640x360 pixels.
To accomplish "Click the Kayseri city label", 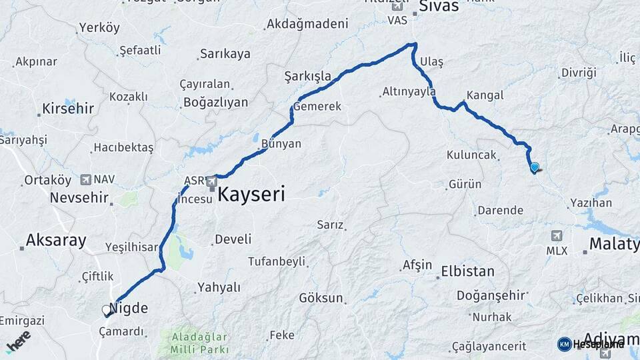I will [x=251, y=195].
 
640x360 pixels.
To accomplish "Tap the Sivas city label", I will [x=439, y=7].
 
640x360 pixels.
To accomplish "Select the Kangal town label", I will [x=485, y=95].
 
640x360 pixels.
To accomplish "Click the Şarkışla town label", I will [x=307, y=76].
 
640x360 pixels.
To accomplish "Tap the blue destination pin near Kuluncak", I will [x=534, y=167].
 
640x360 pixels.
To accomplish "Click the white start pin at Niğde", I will [x=106, y=311].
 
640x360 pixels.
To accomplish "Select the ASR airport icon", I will [x=212, y=181].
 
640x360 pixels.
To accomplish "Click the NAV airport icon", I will [x=86, y=179].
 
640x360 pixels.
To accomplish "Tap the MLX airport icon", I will [x=557, y=236].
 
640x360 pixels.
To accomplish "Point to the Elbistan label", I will [x=467, y=272].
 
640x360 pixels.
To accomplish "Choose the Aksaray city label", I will [x=56, y=241].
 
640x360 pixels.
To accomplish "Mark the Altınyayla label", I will [x=409, y=92].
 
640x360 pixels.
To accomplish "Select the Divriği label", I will [x=578, y=73].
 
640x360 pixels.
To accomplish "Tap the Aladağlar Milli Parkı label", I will [x=199, y=343].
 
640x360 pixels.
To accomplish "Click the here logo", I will [x=18, y=341].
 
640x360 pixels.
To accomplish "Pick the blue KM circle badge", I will [x=565, y=344].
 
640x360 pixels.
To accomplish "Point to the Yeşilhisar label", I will [x=132, y=247].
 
